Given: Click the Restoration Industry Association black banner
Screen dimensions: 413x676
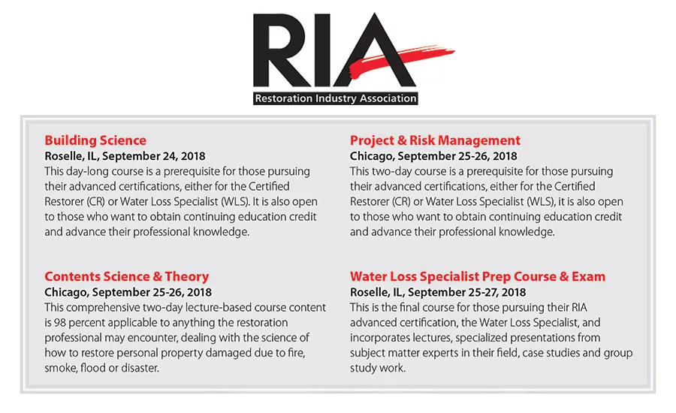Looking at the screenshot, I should pos(335,98).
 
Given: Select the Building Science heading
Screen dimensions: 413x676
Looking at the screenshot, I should pos(95,140).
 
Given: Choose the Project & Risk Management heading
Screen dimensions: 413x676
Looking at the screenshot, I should pos(435,140).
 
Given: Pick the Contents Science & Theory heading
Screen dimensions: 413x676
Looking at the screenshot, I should pos(126,276).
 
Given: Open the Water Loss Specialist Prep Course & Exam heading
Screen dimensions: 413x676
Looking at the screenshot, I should pos(477,276).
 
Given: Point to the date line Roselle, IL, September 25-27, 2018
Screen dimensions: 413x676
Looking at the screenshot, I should pos(438,292).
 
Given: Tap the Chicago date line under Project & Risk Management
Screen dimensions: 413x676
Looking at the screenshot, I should pos(433,156).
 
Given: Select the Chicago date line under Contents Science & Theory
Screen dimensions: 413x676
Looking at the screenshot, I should pos(128,292).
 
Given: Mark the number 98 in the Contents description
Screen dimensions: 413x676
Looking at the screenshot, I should pos(63,323).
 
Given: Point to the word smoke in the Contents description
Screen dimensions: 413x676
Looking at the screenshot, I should pos(62,368).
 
